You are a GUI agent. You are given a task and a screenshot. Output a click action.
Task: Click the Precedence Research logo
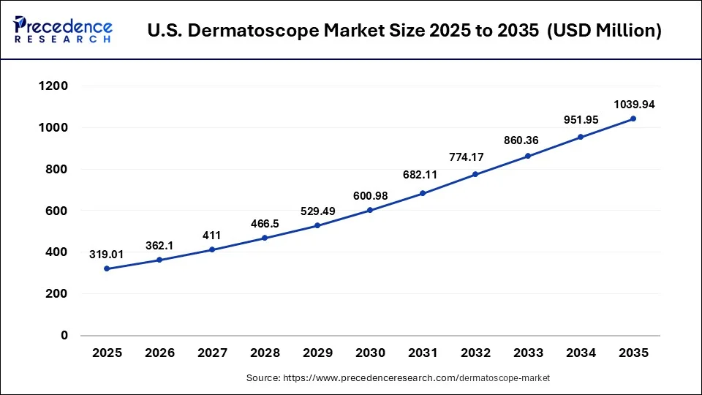coord(63,30)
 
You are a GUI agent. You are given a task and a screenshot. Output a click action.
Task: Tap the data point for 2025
coord(107,268)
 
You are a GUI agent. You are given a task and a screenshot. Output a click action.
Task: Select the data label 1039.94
coord(633,105)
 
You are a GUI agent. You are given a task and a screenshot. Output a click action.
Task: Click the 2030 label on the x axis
coord(370,353)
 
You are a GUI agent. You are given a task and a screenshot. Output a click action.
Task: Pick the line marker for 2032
coord(475,174)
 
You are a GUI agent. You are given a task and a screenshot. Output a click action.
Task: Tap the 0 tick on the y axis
coord(64,336)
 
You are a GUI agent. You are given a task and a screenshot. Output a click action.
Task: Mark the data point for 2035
coord(633,118)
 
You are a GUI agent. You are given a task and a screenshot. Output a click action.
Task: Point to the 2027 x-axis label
coord(212,353)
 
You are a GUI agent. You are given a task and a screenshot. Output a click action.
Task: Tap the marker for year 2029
coord(317,225)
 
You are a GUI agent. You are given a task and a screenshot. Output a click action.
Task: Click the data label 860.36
coord(528,140)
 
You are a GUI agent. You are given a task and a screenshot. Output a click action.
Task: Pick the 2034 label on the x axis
coord(581,353)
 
